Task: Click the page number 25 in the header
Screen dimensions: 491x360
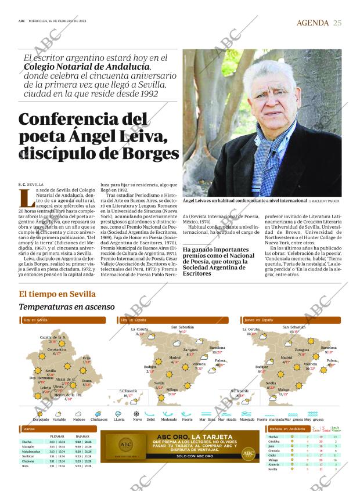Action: coord(337,23)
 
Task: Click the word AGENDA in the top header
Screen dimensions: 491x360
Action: coord(313,23)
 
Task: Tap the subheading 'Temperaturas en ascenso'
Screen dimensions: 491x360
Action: coord(67,306)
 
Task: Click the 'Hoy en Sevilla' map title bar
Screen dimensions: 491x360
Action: coord(62,320)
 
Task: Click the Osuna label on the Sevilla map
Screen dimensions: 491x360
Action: coord(87,381)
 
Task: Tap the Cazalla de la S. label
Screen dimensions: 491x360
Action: coord(52,337)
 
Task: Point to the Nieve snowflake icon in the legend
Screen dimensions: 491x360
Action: coord(136,414)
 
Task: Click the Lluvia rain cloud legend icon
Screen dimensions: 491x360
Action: coord(118,414)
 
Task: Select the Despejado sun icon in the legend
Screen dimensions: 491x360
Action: coord(41,414)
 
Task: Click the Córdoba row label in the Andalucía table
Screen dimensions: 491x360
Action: coord(274,441)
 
